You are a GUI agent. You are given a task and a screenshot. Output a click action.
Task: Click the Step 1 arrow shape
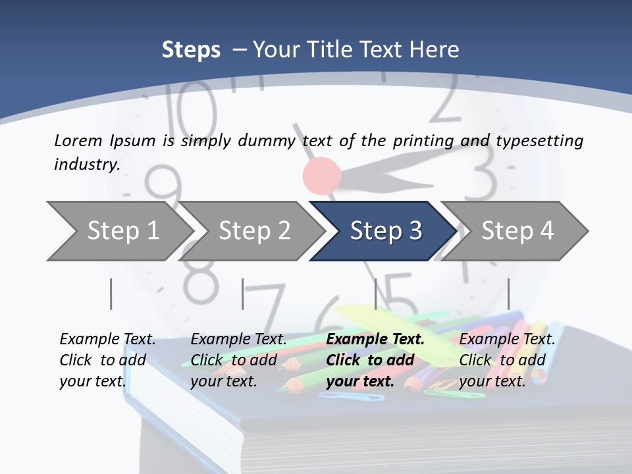pyautogui.click(x=118, y=231)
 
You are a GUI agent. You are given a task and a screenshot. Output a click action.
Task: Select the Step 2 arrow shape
pyautogui.click(x=254, y=231)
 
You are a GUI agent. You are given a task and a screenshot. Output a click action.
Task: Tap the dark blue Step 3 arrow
pyautogui.click(x=385, y=231)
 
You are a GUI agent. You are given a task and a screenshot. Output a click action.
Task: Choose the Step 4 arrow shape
pyautogui.click(x=517, y=231)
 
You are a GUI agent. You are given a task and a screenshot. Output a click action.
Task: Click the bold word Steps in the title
pyautogui.click(x=191, y=49)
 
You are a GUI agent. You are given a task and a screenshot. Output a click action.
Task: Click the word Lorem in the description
pyautogui.click(x=77, y=140)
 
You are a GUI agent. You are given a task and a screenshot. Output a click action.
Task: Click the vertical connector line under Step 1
pyautogui.click(x=111, y=294)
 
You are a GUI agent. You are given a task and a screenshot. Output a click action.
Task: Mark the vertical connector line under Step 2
pyautogui.click(x=243, y=294)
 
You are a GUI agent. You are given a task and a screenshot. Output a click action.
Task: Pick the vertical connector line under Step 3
pyautogui.click(x=375, y=294)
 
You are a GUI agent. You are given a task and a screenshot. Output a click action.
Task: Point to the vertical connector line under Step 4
pyautogui.click(x=508, y=294)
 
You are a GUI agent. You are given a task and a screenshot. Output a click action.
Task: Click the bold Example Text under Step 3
pyautogui.click(x=375, y=339)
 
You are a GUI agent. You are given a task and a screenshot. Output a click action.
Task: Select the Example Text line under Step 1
pyautogui.click(x=107, y=339)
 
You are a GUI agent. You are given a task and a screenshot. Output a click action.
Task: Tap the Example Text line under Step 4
pyautogui.click(x=507, y=339)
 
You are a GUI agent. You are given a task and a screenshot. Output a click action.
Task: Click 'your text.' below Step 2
pyautogui.click(x=223, y=381)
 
